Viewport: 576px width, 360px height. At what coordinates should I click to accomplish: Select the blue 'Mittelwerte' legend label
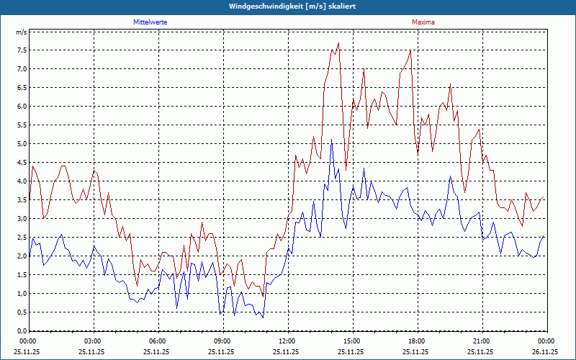pyautogui.click(x=150, y=22)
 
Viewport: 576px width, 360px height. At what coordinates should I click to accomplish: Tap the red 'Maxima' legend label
pyautogui.click(x=423, y=22)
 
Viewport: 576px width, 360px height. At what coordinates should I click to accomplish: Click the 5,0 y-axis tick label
pyautogui.click(x=21, y=144)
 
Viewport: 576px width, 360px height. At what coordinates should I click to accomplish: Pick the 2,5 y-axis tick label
pyautogui.click(x=21, y=238)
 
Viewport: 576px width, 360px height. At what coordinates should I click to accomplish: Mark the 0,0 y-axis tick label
pyautogui.click(x=21, y=331)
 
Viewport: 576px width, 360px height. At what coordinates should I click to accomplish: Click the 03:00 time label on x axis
pyautogui.click(x=93, y=341)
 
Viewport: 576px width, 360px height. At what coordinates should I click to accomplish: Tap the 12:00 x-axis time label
pyautogui.click(x=287, y=341)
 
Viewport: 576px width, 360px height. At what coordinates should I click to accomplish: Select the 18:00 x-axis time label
pyautogui.click(x=417, y=341)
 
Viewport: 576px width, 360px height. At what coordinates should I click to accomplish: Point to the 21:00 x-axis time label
pyautogui.click(x=482, y=341)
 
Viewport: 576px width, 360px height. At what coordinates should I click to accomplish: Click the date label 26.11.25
pyautogui.click(x=546, y=352)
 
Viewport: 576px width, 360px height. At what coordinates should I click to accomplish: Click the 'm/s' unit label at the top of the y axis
pyautogui.click(x=21, y=33)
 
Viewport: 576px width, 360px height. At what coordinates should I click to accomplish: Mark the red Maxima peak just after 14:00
pyautogui.click(x=338, y=43)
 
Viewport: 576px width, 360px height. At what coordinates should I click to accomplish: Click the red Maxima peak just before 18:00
pyautogui.click(x=410, y=50)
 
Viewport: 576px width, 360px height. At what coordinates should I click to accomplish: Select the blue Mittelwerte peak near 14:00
pyautogui.click(x=331, y=140)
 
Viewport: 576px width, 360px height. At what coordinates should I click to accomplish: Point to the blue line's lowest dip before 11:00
pyautogui.click(x=263, y=317)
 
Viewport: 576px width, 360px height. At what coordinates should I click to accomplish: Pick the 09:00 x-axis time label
pyautogui.click(x=222, y=341)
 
